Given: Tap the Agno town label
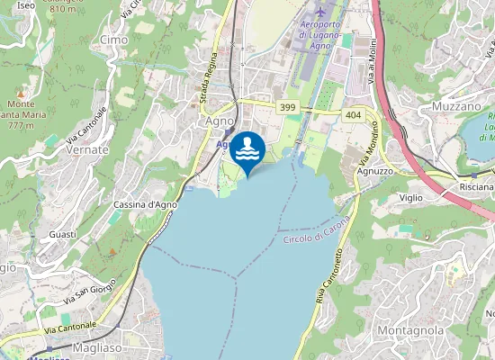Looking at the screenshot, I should [x=220, y=121].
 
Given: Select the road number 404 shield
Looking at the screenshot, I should [x=352, y=114].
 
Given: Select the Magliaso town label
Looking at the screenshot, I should [x=99, y=347].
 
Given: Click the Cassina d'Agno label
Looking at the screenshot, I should [x=145, y=205].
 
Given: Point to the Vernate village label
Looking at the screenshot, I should [x=87, y=150].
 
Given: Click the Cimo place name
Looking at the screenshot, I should [x=113, y=40].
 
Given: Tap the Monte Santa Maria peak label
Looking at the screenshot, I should [x=24, y=114].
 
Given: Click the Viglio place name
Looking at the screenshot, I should [x=411, y=196].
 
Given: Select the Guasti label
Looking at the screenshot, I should [x=63, y=234].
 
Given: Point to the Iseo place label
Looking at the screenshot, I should [x=26, y=5].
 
